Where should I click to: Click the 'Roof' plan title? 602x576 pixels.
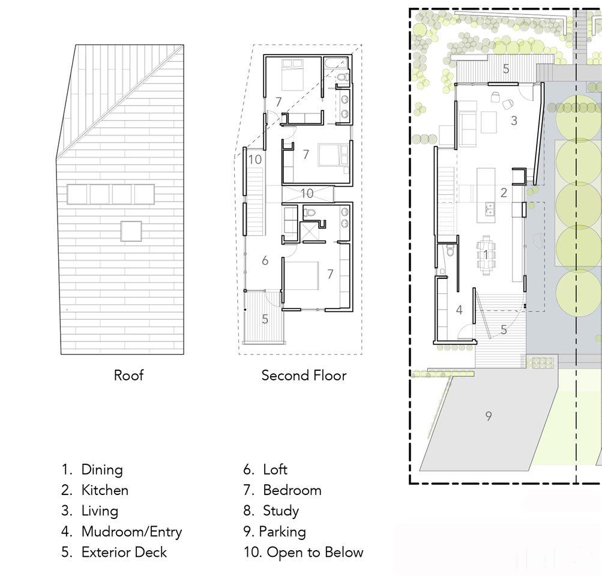[128, 375]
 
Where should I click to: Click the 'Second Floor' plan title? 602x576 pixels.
[304, 375]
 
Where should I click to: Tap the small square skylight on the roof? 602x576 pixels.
[131, 231]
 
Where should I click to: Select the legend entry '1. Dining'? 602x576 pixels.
[92, 470]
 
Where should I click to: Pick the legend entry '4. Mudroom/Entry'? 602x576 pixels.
[122, 532]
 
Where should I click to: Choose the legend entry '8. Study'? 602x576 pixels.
[271, 511]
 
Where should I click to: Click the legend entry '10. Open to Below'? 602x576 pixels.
[303, 552]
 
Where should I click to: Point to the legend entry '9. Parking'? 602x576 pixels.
[274, 532]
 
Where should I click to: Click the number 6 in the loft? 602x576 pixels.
[265, 261]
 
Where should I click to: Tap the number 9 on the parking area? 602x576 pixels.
[489, 416]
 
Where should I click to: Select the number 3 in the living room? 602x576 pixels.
[514, 121]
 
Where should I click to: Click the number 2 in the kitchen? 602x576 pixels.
[504, 193]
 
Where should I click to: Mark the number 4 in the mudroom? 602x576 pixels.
[459, 310]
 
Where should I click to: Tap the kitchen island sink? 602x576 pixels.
[490, 209]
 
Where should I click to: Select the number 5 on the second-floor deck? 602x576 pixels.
[265, 319]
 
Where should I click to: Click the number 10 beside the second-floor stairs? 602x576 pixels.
[254, 160]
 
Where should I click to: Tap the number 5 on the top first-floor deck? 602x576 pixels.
[506, 69]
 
